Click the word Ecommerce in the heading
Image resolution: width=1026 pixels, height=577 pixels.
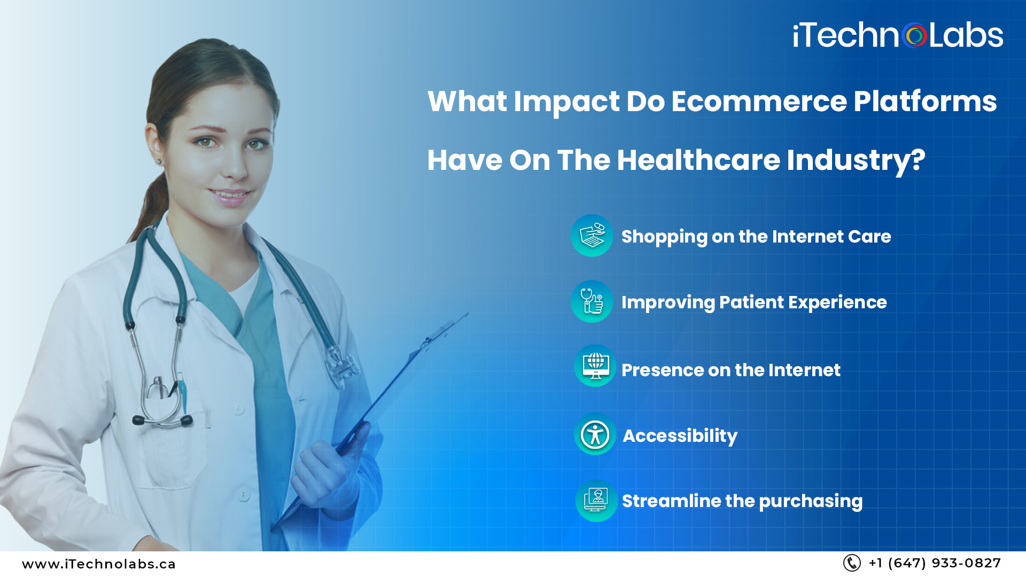click(759, 101)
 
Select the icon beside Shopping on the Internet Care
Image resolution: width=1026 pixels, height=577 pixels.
click(592, 236)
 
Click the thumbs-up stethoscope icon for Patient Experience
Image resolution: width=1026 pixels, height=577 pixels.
click(592, 301)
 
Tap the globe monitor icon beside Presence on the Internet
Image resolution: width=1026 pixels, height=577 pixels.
click(595, 366)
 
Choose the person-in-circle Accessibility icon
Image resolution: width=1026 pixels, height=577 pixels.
click(595, 434)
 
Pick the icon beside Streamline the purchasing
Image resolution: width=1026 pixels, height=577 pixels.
click(596, 500)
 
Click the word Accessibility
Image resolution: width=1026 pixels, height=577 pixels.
click(680, 435)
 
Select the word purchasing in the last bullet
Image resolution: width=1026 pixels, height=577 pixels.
click(810, 501)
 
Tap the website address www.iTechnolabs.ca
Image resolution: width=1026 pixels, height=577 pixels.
click(99, 564)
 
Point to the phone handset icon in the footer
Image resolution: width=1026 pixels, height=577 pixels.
click(851, 563)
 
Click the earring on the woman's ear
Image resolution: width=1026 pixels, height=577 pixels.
click(159, 161)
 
